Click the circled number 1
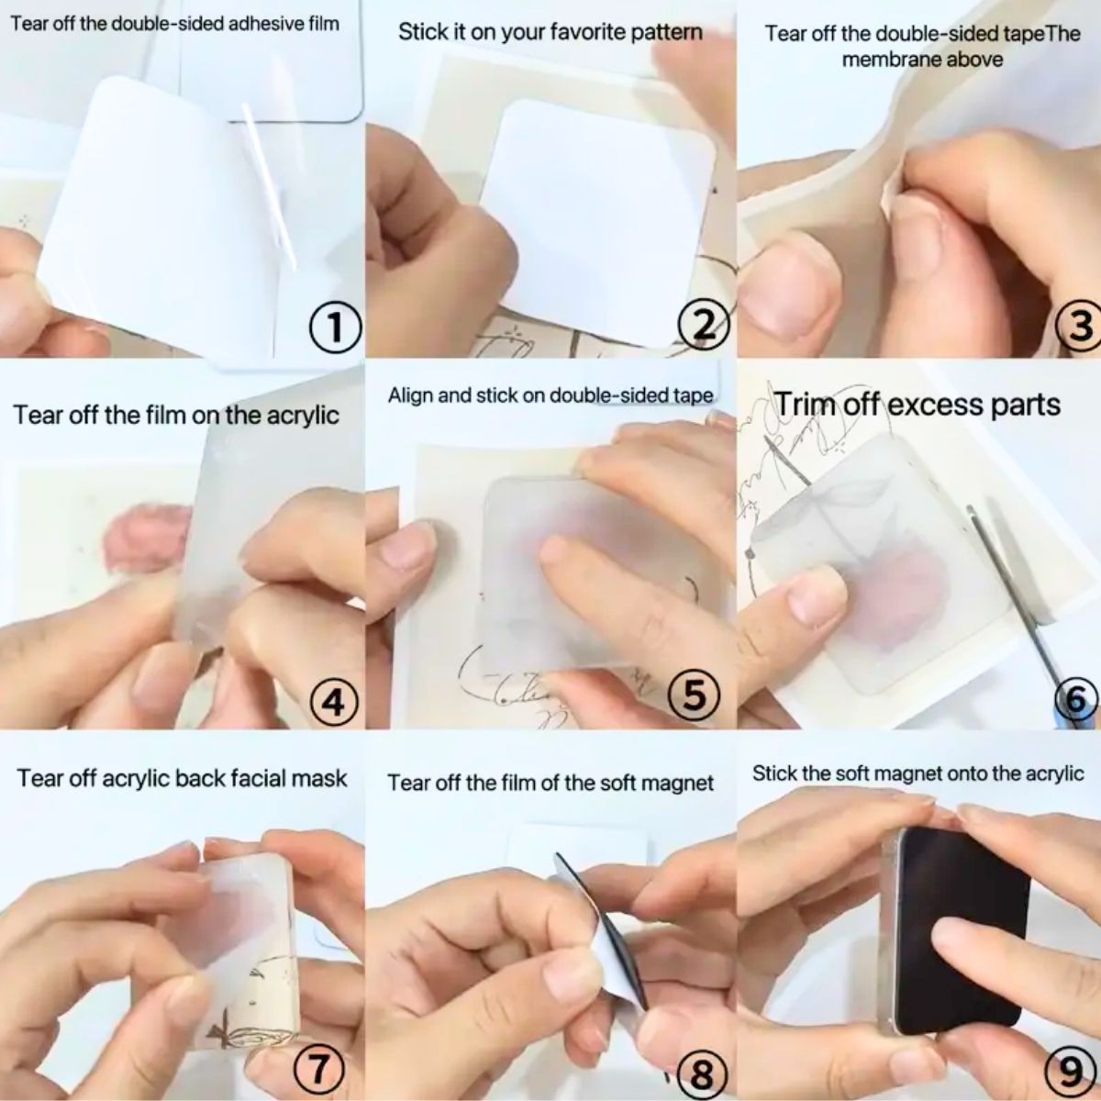335,328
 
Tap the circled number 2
704,327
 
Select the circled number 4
335,701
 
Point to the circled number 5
695,695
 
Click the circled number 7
318,1065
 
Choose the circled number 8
702,1070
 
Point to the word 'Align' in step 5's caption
409,396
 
